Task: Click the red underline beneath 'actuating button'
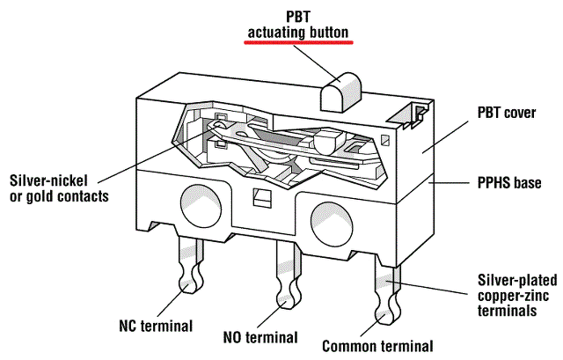[x=298, y=42]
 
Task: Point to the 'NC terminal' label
[x=156, y=326]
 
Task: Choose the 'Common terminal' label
[x=378, y=345]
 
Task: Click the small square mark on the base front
[x=259, y=195]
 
